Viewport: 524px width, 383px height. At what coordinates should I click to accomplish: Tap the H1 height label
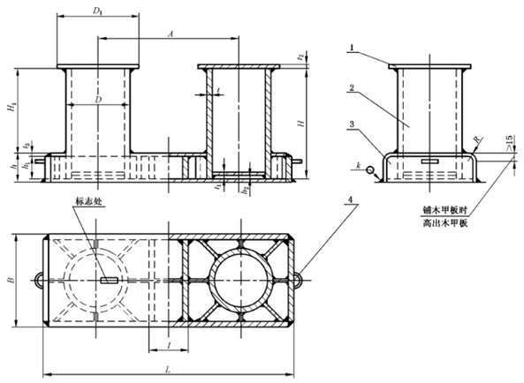point(10,108)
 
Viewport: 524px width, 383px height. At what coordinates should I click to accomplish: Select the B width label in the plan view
point(10,280)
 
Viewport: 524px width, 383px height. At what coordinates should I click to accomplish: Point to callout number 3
point(351,125)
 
